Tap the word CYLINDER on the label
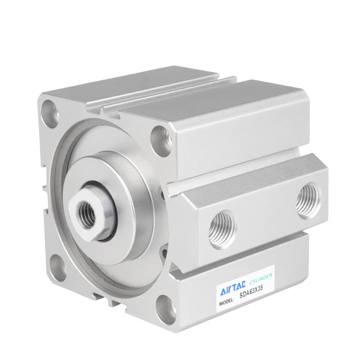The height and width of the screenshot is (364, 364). [261, 279]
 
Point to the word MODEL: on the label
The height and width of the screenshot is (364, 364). [226, 302]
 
